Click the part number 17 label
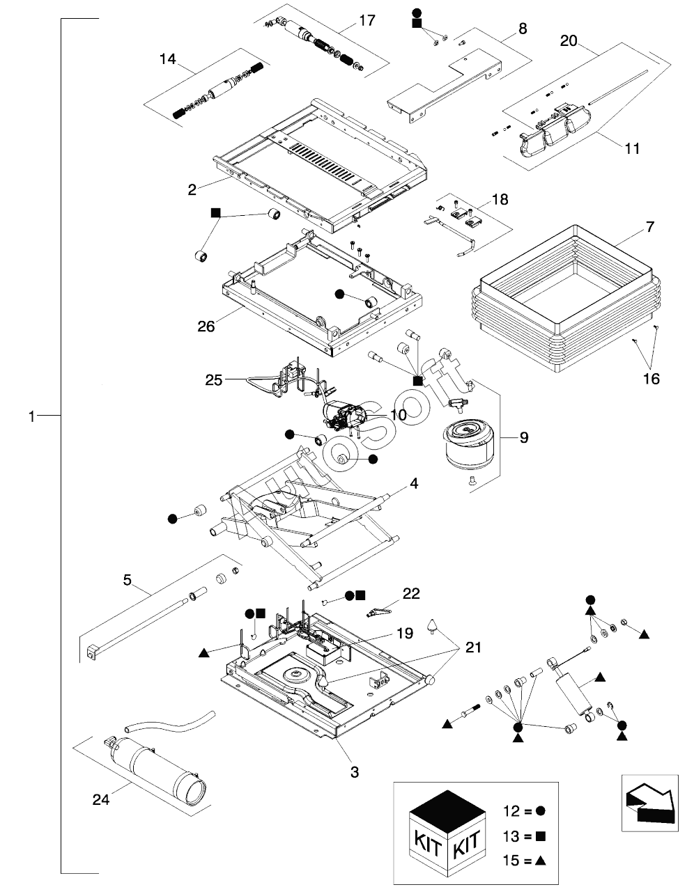367,22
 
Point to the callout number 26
206,326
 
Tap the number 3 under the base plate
354,771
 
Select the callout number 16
651,379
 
